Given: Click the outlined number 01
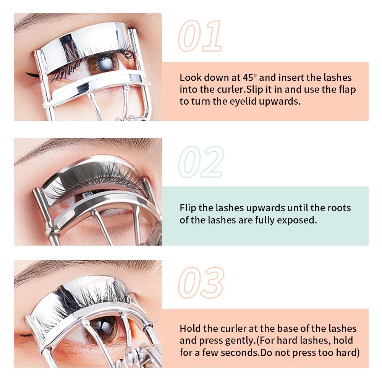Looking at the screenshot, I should click(200, 37).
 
